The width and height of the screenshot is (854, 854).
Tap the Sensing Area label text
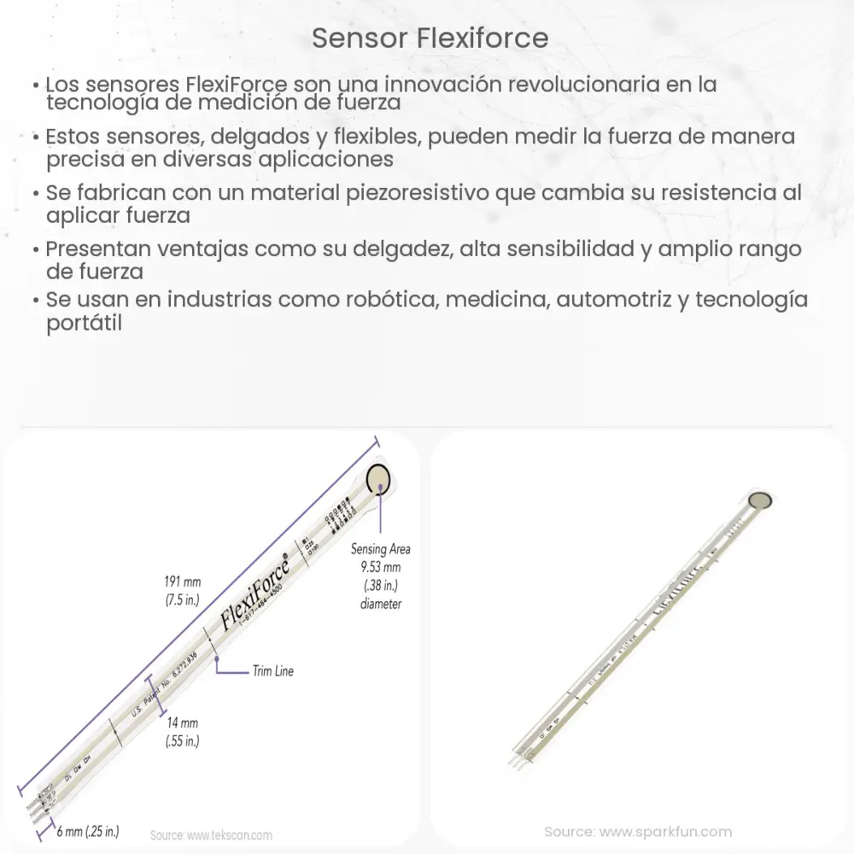coord(376,549)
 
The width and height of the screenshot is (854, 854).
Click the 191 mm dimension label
coord(182,582)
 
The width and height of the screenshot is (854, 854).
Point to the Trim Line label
coord(272,671)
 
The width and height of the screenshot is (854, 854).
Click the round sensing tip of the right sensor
coord(758,500)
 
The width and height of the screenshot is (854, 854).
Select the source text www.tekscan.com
coord(211,835)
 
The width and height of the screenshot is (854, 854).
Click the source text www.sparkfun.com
coord(638,831)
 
